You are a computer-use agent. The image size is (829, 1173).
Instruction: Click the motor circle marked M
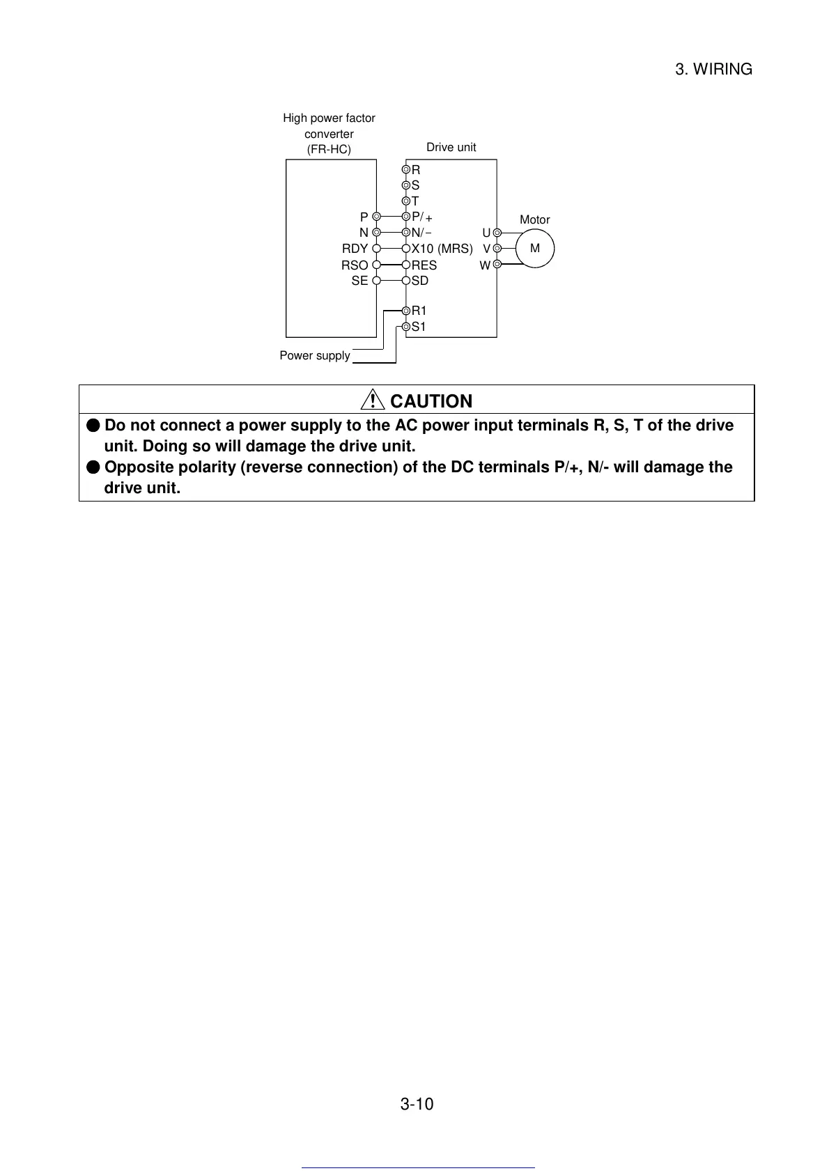pos(535,248)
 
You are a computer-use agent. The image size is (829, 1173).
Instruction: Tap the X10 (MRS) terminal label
pos(442,249)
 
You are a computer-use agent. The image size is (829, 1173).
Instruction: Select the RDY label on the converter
pos(355,249)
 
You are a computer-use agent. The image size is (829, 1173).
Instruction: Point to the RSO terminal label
pos(355,265)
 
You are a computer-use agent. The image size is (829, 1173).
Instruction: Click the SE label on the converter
pos(359,281)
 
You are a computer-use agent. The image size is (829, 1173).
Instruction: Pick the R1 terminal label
pos(419,311)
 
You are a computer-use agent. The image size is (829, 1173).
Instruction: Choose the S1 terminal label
pos(419,327)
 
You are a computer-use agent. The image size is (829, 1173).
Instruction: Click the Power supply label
pos(315,356)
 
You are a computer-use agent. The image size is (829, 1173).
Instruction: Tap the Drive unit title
pos(451,148)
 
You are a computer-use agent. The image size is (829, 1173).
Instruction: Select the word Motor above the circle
pos(534,220)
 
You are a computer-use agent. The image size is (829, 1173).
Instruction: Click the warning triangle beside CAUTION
pos(373,401)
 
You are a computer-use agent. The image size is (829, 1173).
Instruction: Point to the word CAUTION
pos(431,401)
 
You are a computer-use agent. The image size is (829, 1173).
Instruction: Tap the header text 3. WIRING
pos(713,70)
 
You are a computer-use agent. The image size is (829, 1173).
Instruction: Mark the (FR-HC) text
pos(329,150)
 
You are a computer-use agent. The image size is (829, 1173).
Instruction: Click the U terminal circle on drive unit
pos(497,233)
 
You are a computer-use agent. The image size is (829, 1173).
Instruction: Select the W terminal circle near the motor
pos(497,264)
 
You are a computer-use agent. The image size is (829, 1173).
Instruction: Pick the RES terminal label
pos(424,265)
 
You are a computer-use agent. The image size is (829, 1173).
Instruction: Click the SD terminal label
pos(420,281)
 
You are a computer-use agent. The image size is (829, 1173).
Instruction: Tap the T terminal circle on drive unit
pos(406,201)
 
